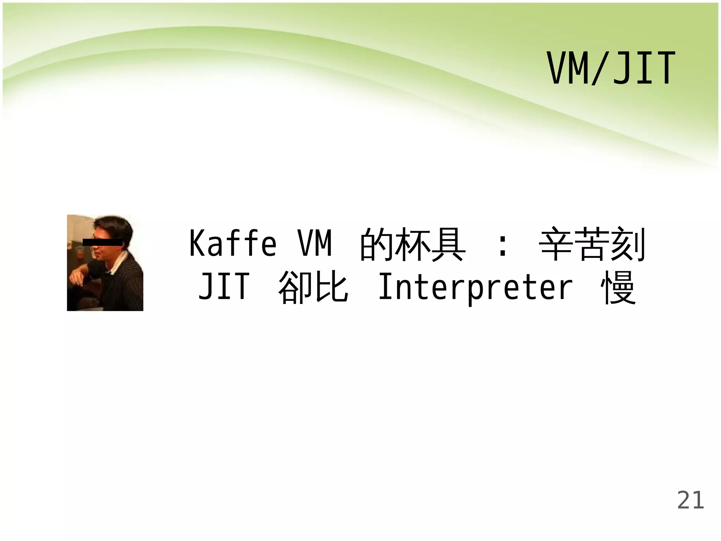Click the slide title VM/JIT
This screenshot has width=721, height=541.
pos(611,69)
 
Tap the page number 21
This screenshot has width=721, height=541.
pos(690,500)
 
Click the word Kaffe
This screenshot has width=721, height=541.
pos(233,244)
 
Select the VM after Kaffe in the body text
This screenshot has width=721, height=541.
pos(315,244)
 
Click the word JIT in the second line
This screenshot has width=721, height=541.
pos(224,287)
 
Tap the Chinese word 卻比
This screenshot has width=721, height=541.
pos(313,287)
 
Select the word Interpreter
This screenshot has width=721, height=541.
pos(475,287)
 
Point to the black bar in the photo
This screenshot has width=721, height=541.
pos(102,242)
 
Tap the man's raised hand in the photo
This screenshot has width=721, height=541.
pos(77,278)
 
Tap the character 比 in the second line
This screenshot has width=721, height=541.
pos(331,287)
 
